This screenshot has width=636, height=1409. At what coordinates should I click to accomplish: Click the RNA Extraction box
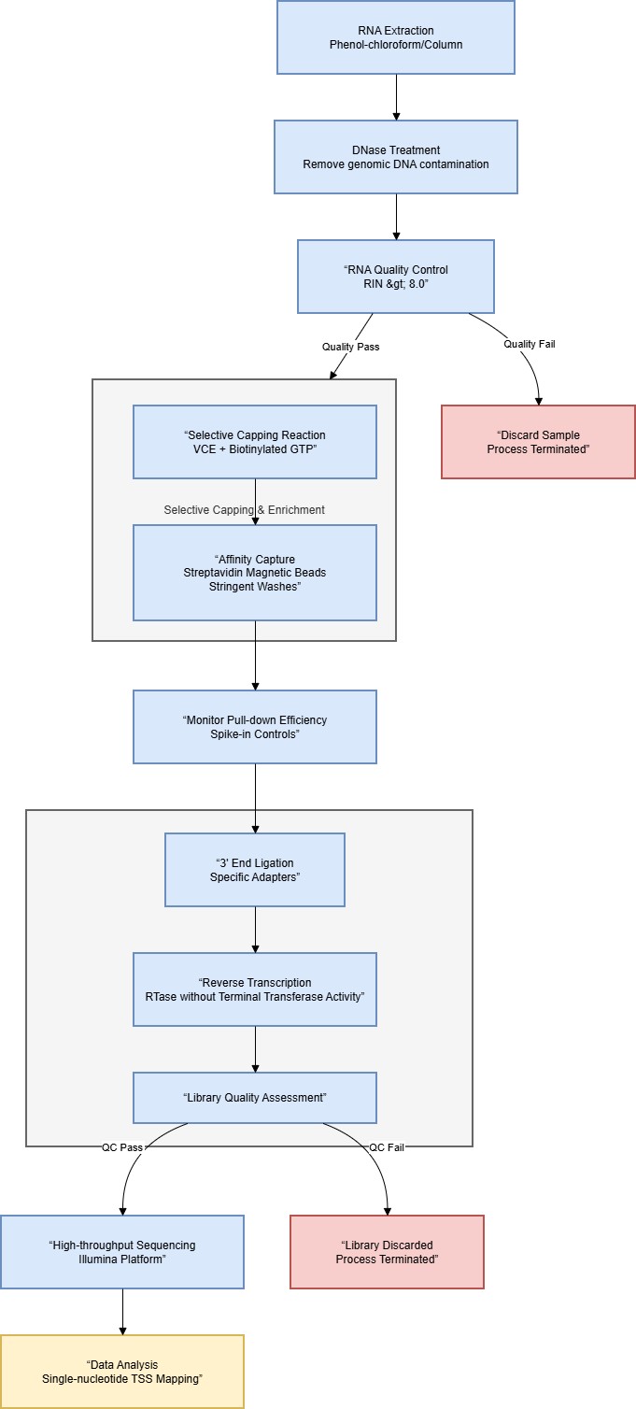point(396,37)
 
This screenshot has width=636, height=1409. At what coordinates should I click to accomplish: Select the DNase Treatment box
point(396,157)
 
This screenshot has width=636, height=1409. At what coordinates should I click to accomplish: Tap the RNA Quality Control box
point(396,277)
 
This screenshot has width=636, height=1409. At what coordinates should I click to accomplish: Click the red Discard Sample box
point(538,442)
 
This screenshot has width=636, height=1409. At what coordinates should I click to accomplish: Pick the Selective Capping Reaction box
point(255,442)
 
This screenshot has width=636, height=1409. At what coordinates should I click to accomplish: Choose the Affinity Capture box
point(255,573)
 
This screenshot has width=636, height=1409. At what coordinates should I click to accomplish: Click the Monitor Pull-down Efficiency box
point(255,727)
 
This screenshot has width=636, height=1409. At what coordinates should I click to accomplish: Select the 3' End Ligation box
point(255,870)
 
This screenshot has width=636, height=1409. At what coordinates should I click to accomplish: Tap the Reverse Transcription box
point(255,989)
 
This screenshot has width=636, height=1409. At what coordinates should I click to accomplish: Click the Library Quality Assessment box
point(255,1097)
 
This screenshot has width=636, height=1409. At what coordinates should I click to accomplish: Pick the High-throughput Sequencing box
point(122,1252)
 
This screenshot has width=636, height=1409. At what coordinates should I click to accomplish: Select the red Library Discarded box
point(387,1252)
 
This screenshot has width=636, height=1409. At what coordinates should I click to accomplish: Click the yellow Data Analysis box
point(122,1372)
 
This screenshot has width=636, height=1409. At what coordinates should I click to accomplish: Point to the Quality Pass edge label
point(351,347)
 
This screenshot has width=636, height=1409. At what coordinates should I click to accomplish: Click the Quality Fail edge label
point(530,344)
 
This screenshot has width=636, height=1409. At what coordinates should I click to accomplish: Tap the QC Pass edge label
point(121,1147)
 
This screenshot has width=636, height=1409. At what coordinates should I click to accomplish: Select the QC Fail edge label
point(387,1147)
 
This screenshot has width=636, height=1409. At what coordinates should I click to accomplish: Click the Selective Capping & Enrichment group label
point(244,509)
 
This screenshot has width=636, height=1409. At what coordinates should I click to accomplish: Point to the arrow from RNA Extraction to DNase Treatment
point(396,96)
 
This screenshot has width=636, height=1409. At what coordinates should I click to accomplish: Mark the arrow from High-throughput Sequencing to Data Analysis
point(122,1312)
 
